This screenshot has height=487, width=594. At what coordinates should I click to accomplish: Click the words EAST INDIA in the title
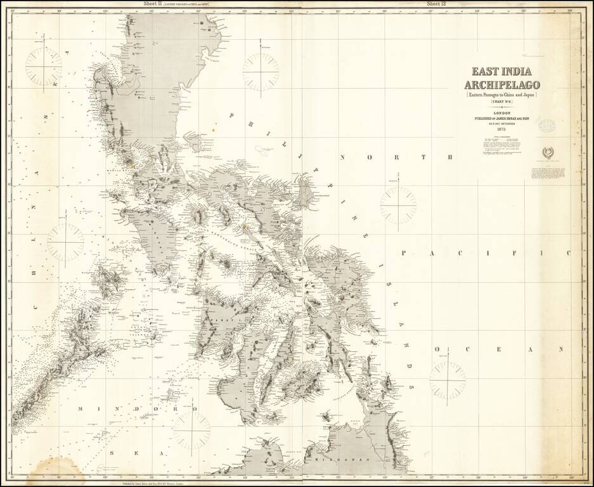pyautogui.click(x=501, y=72)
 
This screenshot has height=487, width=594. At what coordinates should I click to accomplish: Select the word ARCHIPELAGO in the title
pyautogui.click(x=501, y=84)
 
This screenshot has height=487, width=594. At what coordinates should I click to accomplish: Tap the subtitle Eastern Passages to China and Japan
pyautogui.click(x=501, y=94)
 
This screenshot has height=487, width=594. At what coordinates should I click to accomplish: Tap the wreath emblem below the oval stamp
pyautogui.click(x=547, y=153)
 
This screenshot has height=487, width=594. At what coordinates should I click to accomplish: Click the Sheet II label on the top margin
pyautogui.click(x=152, y=4)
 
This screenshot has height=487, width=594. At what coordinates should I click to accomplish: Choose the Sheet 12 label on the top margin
pyautogui.click(x=437, y=4)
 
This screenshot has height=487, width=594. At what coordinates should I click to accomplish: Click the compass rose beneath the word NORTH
pyautogui.click(x=398, y=205)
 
